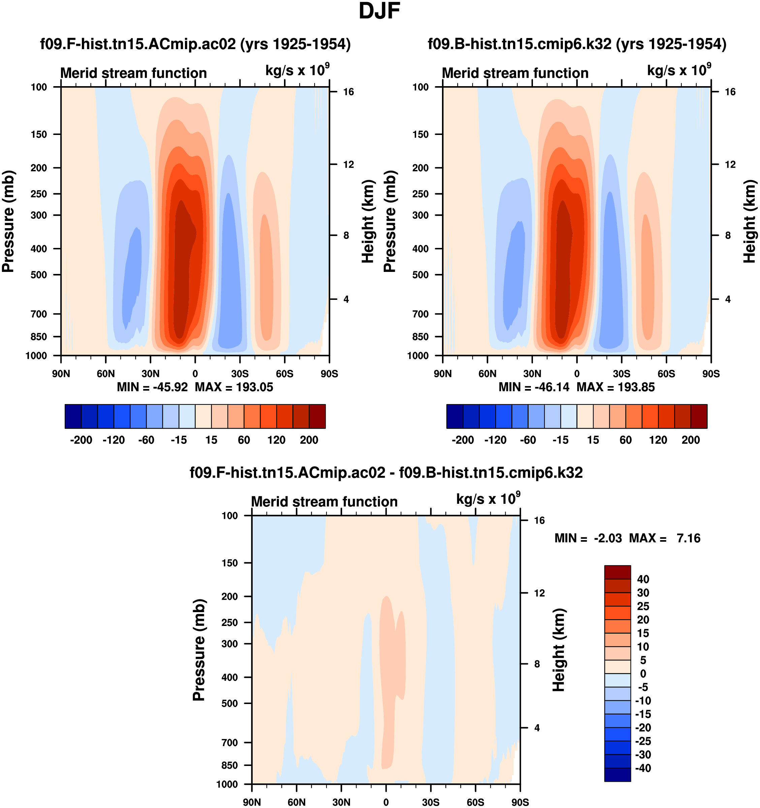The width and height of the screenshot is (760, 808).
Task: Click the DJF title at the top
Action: click(x=379, y=11)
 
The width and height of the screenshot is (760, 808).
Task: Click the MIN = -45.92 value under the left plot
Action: click(x=152, y=387)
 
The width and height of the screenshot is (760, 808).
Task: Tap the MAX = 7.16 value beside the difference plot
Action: click(x=664, y=538)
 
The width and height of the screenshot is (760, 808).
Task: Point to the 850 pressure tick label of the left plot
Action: click(x=39, y=337)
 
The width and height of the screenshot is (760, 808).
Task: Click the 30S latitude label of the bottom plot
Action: click(x=431, y=802)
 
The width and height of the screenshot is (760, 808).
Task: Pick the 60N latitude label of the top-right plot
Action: click(x=487, y=374)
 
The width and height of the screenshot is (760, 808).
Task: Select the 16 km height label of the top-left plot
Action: click(x=348, y=92)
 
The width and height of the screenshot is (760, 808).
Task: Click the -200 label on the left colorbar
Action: click(x=81, y=440)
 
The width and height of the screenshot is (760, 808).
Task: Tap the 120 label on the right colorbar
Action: click(x=658, y=440)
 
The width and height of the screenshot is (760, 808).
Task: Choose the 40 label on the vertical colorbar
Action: click(x=643, y=579)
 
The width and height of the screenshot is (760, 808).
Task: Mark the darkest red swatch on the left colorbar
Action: click(x=317, y=416)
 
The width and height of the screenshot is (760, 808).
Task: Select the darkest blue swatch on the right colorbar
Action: click(x=454, y=416)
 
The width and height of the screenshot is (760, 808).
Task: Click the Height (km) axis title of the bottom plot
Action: click(x=559, y=650)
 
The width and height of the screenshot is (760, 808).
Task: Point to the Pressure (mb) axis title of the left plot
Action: click(x=8, y=221)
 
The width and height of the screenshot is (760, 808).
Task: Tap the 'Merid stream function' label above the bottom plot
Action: click(x=324, y=501)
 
